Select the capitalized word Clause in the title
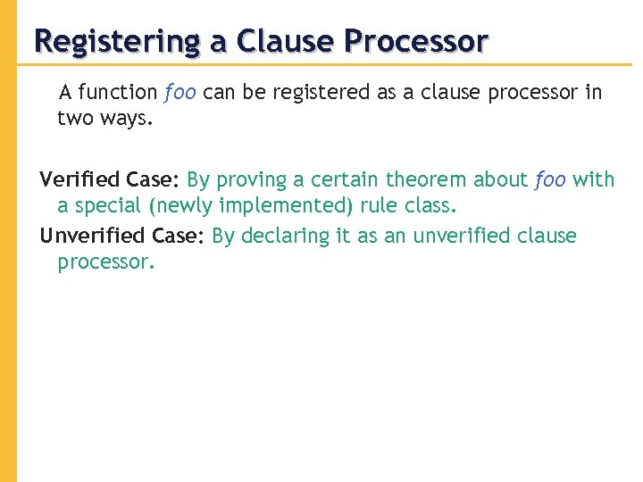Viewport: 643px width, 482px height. click(x=286, y=41)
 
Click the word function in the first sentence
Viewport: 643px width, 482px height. click(x=119, y=92)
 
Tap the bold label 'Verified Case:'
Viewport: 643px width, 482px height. click(x=111, y=179)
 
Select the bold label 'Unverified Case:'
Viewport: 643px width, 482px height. click(x=123, y=236)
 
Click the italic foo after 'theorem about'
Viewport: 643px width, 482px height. click(x=550, y=179)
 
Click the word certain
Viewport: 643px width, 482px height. click(x=345, y=179)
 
